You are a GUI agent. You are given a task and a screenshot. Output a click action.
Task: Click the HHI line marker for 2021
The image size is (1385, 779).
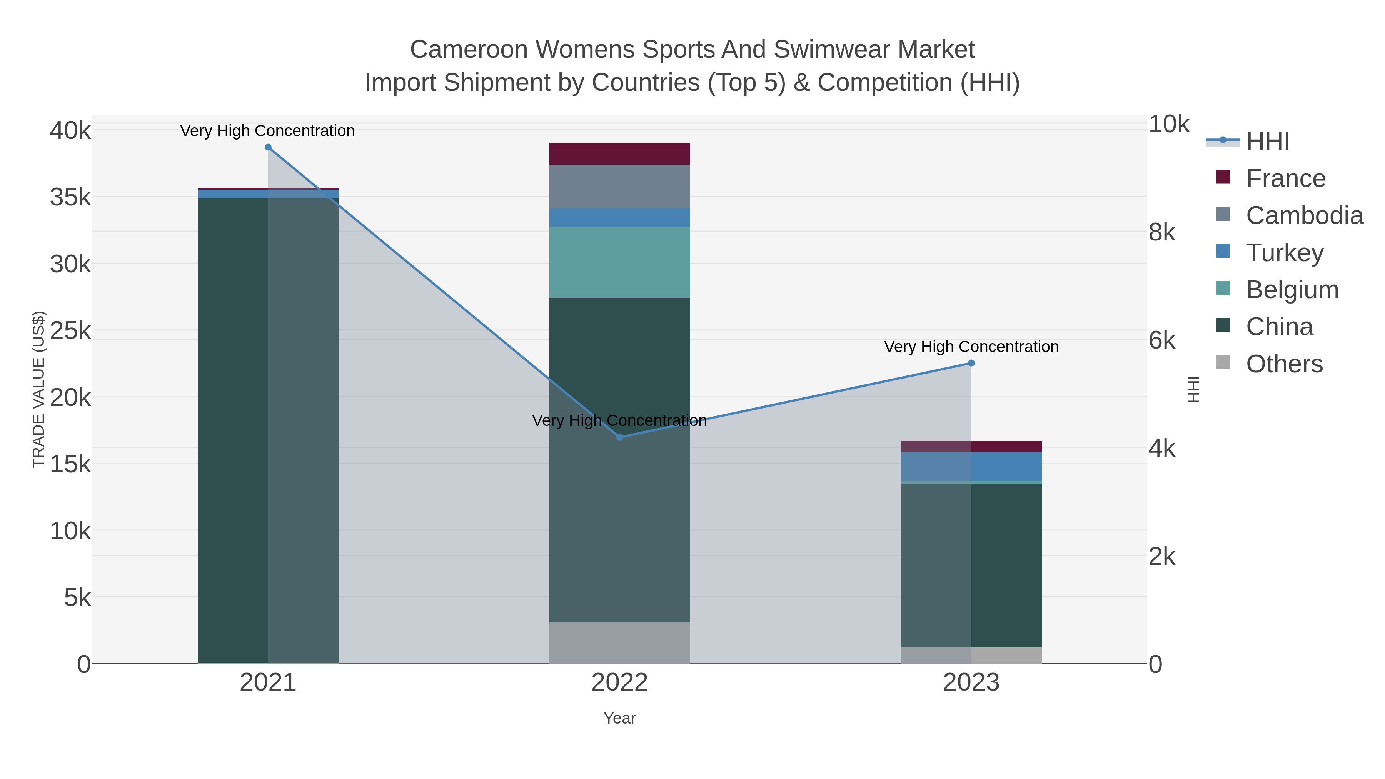[x=268, y=147]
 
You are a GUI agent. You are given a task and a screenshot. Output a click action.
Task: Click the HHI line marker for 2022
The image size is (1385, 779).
[x=619, y=438]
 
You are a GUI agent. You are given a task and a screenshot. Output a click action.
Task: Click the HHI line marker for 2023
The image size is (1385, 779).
[x=971, y=364]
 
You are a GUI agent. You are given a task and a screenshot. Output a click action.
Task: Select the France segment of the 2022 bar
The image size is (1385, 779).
[x=619, y=154]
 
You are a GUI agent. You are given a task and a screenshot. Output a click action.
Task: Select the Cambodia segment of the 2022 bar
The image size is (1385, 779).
[x=619, y=187]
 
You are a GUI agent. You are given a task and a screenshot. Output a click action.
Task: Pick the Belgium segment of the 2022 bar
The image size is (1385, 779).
[x=619, y=262]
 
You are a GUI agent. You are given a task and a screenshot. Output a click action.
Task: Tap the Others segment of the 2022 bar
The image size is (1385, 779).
[x=619, y=643]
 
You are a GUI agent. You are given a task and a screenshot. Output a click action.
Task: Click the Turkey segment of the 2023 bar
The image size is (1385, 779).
[x=971, y=467]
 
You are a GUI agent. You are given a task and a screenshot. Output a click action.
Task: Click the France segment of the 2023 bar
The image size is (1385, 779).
[x=971, y=447]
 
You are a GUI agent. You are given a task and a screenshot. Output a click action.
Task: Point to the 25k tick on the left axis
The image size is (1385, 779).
[x=70, y=330]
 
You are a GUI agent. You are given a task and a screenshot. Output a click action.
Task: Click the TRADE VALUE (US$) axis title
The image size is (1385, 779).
[x=39, y=389]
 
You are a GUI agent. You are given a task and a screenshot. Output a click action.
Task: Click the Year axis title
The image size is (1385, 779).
[x=619, y=718]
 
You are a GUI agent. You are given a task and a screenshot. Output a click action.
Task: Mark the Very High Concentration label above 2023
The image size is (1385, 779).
[x=971, y=347]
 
